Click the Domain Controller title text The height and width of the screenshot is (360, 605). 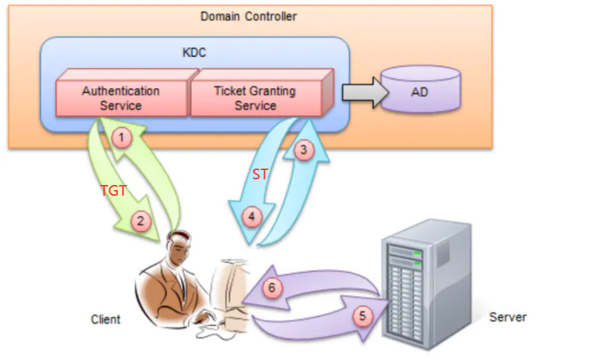point(249,16)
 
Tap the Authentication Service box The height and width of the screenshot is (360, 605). point(121,98)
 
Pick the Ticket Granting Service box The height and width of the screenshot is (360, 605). point(255,98)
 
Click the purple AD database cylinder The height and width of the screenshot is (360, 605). point(419,91)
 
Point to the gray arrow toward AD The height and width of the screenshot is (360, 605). point(361,91)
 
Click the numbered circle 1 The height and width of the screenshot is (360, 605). point(123,137)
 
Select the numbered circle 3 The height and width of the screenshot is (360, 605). point(303,150)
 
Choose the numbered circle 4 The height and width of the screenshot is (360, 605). point(251,214)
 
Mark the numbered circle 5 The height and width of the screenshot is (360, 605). point(363,315)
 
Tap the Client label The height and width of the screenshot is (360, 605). point(106,319)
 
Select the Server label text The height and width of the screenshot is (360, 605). point(508,316)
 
